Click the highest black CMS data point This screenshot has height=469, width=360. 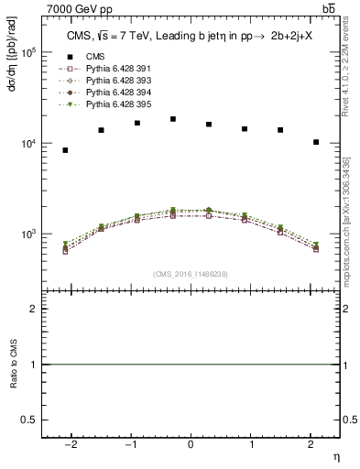[x=173, y=119]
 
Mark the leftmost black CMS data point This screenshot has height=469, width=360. [x=65, y=150]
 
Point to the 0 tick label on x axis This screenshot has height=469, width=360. [x=191, y=443]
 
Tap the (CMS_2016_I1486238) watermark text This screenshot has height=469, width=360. [x=191, y=274]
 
